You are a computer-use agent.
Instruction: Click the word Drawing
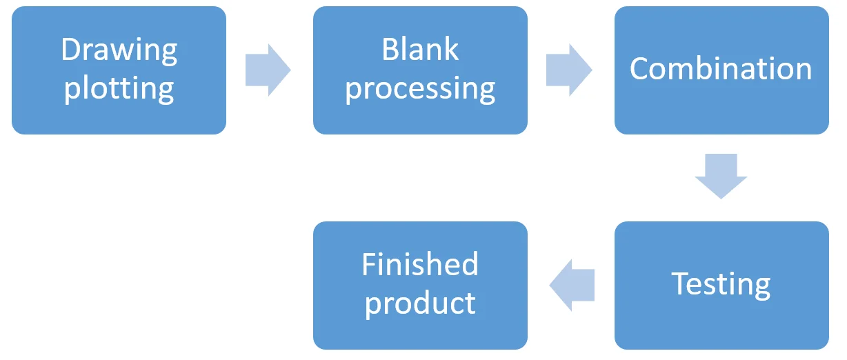(119, 51)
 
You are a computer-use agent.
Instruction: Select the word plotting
(119, 89)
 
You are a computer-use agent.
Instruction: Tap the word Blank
(420, 49)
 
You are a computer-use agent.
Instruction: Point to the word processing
(420, 89)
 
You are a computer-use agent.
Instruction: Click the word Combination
(721, 68)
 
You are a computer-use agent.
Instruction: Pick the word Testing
(721, 285)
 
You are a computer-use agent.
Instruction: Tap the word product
(420, 303)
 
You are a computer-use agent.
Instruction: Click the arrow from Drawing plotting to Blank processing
(268, 70)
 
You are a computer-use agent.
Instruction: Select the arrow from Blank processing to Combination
(569, 70)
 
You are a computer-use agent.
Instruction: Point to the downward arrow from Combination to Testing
(721, 177)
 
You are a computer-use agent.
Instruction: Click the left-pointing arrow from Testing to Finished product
(572, 285)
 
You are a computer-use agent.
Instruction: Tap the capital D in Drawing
(72, 49)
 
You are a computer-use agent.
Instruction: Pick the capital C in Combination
(640, 68)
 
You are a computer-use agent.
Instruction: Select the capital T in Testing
(681, 283)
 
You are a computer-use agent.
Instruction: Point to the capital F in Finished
(370, 264)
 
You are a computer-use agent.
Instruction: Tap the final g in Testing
(762, 288)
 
